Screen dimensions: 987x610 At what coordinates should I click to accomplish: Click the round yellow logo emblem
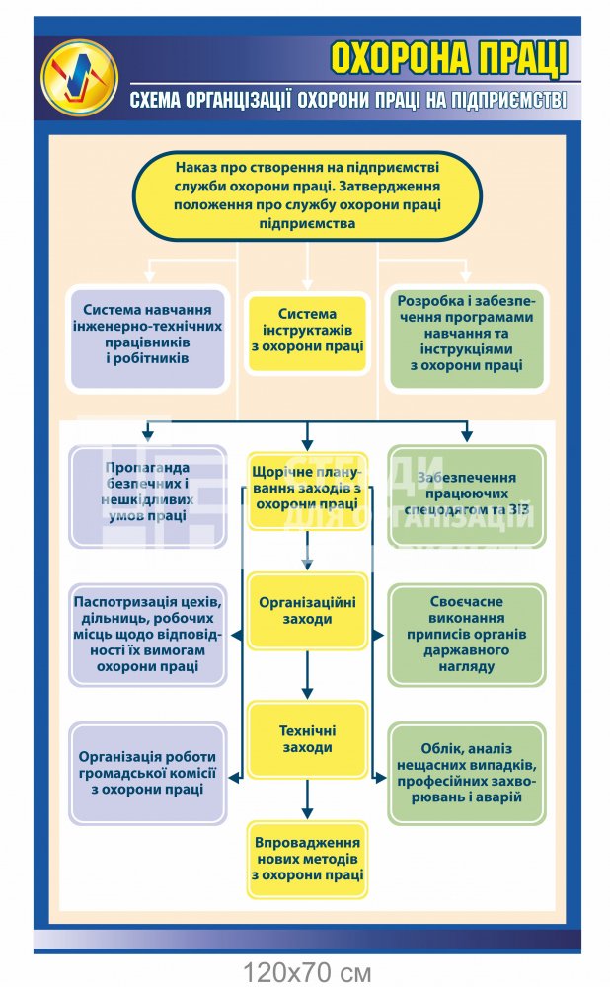click(x=79, y=76)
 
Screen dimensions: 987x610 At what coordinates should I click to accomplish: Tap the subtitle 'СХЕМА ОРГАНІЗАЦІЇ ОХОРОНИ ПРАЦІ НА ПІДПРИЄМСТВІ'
click(x=348, y=100)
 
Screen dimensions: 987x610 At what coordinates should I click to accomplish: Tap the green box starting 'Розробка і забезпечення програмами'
click(x=466, y=334)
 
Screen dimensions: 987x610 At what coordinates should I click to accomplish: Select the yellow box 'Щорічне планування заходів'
click(x=307, y=489)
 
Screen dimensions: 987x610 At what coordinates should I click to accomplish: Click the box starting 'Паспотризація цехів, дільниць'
click(x=148, y=635)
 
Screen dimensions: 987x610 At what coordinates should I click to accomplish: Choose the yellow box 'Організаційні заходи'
click(x=307, y=609)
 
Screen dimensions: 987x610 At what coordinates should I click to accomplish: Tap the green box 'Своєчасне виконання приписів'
click(x=466, y=635)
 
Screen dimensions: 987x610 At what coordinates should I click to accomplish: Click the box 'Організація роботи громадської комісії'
click(x=148, y=773)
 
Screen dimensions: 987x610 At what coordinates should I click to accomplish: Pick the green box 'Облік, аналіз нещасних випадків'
click(x=466, y=773)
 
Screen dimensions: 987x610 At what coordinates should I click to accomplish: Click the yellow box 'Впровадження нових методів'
click(x=307, y=858)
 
